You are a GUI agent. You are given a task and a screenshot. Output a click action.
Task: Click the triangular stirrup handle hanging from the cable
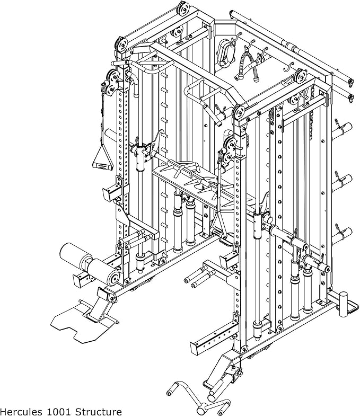pos(100,157)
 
